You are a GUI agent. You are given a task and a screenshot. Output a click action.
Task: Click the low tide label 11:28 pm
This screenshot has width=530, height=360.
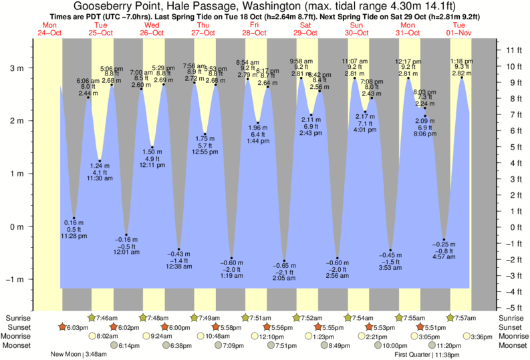pos(73,236)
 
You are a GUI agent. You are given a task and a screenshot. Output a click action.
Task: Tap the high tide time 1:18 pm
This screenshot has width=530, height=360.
pos(462,61)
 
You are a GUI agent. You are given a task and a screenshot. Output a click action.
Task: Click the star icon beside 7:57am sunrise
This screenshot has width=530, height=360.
pos(450,318)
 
